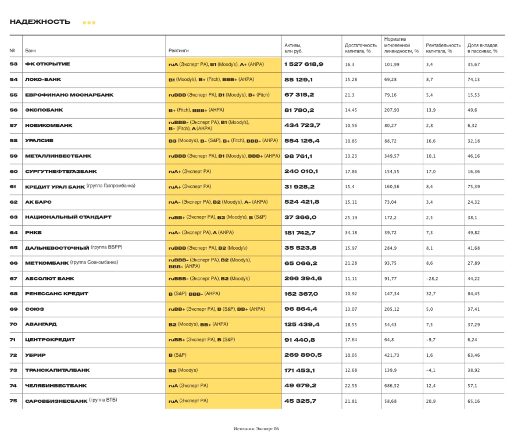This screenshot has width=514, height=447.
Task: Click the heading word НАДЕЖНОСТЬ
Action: [40, 22]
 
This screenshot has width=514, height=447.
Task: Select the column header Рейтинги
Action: [178, 51]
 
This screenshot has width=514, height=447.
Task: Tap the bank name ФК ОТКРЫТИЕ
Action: [48, 64]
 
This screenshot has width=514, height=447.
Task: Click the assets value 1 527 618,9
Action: [304, 64]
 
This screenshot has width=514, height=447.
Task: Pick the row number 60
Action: [13, 171]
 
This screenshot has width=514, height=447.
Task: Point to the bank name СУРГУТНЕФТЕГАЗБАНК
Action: [61, 171]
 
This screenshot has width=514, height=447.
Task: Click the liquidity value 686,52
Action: [392, 385]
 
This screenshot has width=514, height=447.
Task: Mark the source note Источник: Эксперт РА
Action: [256, 428]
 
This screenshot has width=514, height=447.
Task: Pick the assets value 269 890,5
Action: [303, 354]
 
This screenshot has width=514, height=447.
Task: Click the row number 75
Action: [13, 400]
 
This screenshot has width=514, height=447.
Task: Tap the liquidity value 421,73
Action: [392, 354]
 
